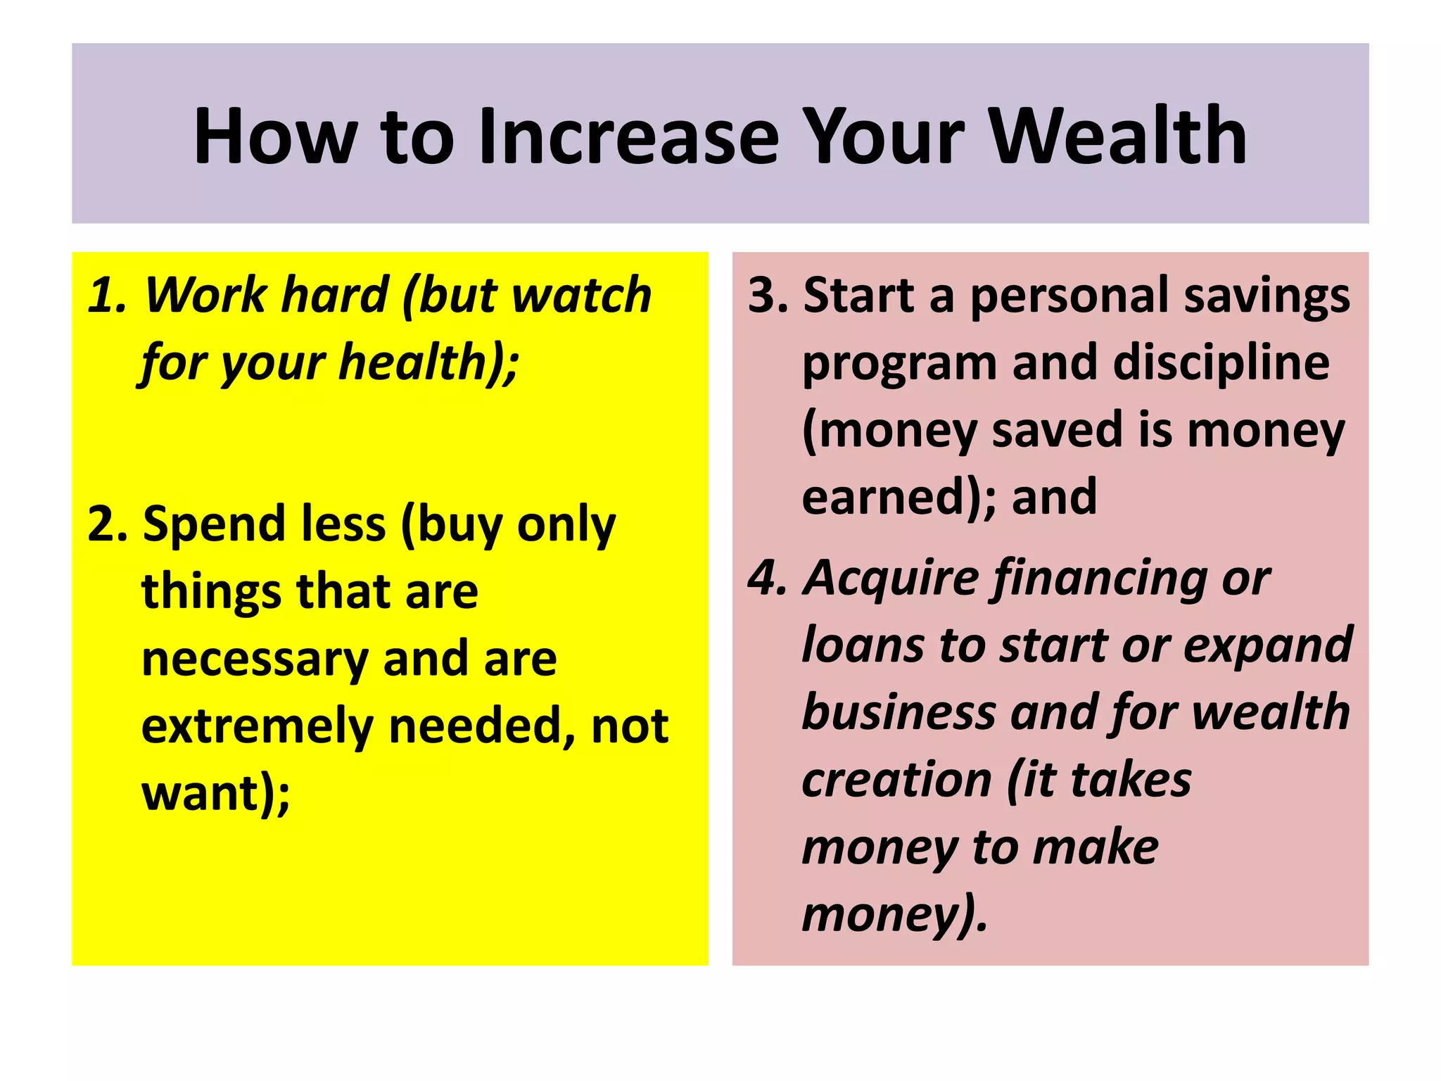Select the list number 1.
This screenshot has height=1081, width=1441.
click(x=106, y=295)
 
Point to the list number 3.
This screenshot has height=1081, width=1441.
click(x=767, y=295)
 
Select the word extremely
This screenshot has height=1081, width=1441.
click(x=257, y=726)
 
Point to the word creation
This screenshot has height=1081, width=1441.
click(x=896, y=780)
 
